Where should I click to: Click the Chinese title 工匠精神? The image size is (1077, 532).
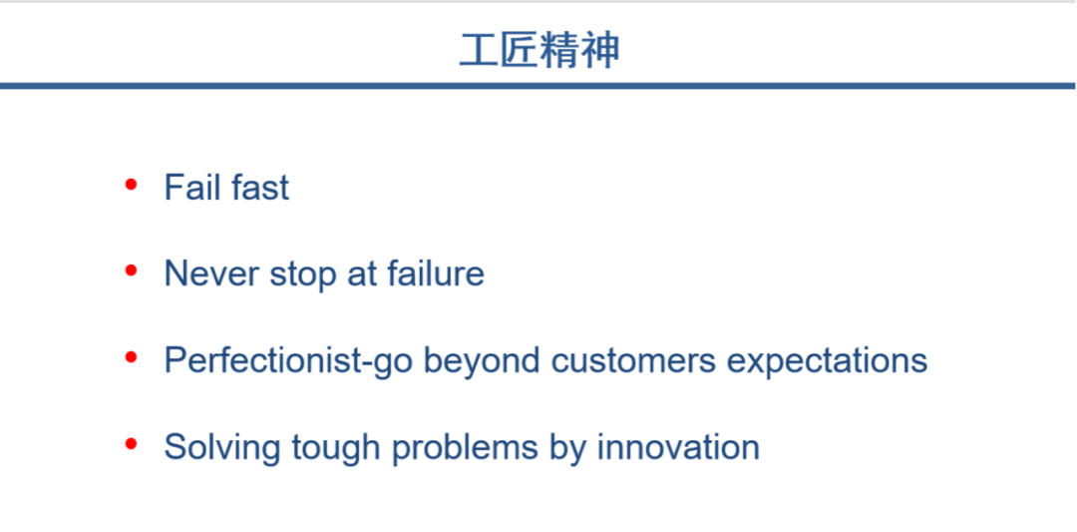pyautogui.click(x=539, y=51)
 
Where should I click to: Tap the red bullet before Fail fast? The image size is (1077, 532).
pyautogui.click(x=132, y=185)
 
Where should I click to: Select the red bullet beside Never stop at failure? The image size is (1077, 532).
pyautogui.click(x=132, y=270)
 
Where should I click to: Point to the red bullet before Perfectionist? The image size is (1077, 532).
pyautogui.click(x=132, y=357)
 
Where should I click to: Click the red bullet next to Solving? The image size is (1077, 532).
pyautogui.click(x=132, y=444)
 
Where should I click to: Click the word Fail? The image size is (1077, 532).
pyautogui.click(x=188, y=187)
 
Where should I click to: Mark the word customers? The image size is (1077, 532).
pyautogui.click(x=633, y=361)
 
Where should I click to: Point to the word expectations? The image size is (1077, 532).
pyautogui.click(x=827, y=362)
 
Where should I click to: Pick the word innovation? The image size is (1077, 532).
pyautogui.click(x=678, y=447)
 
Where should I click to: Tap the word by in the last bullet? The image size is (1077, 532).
pyautogui.click(x=567, y=449)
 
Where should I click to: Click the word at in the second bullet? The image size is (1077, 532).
pyautogui.click(x=361, y=274)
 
